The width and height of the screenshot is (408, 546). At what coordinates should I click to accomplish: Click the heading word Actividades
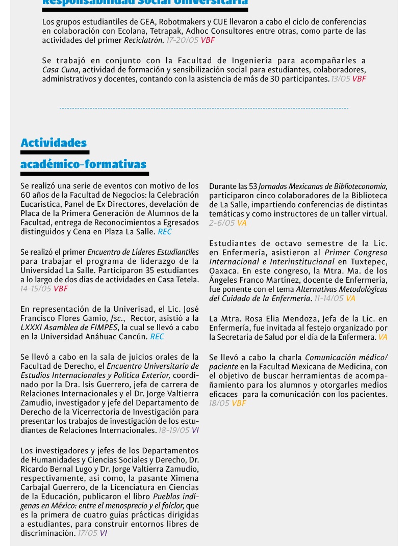click(54, 143)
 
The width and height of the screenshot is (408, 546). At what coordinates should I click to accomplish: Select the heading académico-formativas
click(83, 164)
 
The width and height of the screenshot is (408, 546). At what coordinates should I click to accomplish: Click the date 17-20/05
click(182, 40)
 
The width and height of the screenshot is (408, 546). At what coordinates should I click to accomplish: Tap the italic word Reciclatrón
click(144, 40)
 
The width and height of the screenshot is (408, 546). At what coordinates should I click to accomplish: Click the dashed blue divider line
click(204, 108)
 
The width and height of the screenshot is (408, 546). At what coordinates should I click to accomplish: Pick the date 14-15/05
click(36, 289)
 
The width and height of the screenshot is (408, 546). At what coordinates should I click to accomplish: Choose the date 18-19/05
click(173, 430)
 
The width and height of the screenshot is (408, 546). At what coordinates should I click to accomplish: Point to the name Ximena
click(184, 478)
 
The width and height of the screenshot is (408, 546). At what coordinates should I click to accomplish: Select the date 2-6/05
click(222, 223)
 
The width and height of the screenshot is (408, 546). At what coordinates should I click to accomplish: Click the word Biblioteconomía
click(355, 186)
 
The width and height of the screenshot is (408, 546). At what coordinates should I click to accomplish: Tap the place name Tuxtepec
click(369, 262)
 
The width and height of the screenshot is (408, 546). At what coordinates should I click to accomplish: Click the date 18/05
click(219, 403)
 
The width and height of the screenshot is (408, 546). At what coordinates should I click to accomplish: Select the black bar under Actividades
click(55, 152)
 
